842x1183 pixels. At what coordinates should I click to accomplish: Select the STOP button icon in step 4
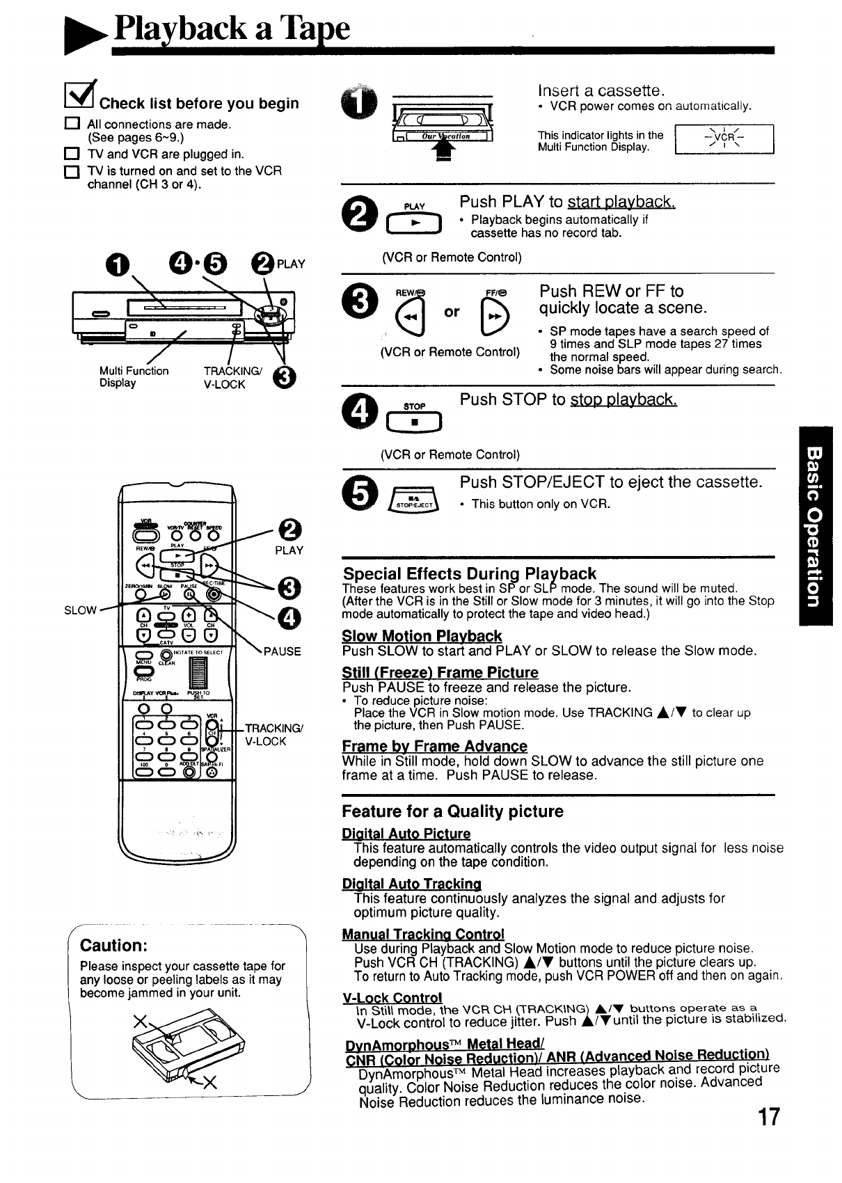pyautogui.click(x=413, y=422)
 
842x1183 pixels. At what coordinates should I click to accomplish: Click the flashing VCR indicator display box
pyautogui.click(x=724, y=138)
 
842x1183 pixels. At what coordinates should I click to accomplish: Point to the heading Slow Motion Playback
pyautogui.click(x=422, y=636)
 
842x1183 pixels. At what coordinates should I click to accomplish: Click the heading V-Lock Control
pyautogui.click(x=392, y=997)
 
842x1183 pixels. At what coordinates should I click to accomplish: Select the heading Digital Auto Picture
pyautogui.click(x=406, y=834)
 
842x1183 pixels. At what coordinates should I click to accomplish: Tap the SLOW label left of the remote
pyautogui.click(x=80, y=610)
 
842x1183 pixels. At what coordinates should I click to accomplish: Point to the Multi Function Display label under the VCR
pyautogui.click(x=134, y=376)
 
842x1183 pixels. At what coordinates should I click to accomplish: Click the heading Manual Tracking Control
pyautogui.click(x=423, y=934)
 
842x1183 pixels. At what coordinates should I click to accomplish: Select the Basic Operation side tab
pyautogui.click(x=816, y=525)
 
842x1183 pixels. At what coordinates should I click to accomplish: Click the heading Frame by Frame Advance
pyautogui.click(x=434, y=746)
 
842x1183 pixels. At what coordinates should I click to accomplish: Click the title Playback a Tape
pyautogui.click(x=232, y=29)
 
